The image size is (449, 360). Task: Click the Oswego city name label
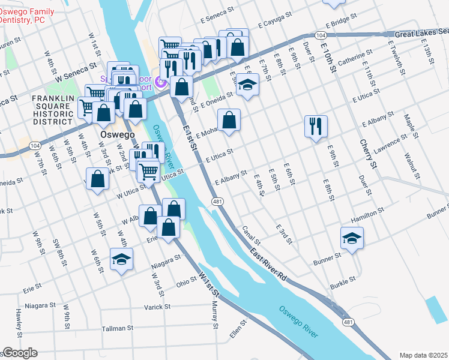118,135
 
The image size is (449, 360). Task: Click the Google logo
19,353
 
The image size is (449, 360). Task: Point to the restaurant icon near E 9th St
316,126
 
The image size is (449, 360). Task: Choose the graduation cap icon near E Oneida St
247,85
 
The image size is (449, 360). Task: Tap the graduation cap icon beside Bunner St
352,239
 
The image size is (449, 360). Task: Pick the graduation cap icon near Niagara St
121,259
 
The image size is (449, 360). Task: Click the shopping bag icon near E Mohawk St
229,120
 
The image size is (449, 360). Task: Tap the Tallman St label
117,328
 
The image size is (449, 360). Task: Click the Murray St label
215,316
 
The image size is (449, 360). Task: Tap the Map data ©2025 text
423,355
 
